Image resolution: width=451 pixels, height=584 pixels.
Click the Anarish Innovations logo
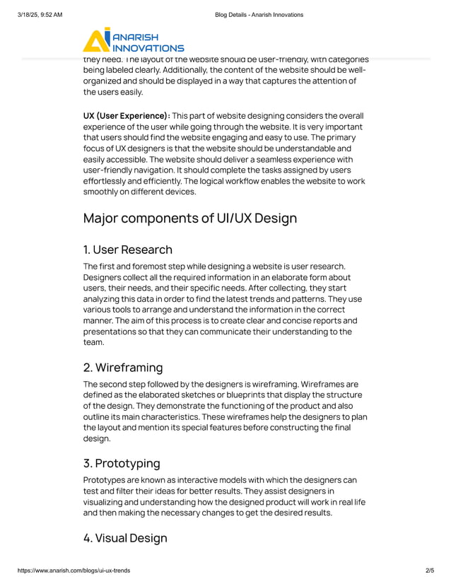click(x=133, y=40)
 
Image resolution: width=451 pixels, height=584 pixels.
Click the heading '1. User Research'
click(x=127, y=250)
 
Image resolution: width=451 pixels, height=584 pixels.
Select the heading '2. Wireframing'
click(x=123, y=368)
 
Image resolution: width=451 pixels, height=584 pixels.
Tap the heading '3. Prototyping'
click(x=122, y=464)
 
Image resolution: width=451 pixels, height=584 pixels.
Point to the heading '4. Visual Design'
click(x=125, y=538)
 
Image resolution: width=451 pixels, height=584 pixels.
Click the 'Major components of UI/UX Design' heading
click(x=190, y=218)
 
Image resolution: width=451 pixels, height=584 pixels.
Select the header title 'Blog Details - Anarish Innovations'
click(x=259, y=14)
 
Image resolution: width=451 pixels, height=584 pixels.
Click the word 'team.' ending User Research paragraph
click(x=94, y=342)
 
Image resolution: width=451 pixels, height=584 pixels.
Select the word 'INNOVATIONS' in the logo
click(x=148, y=48)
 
